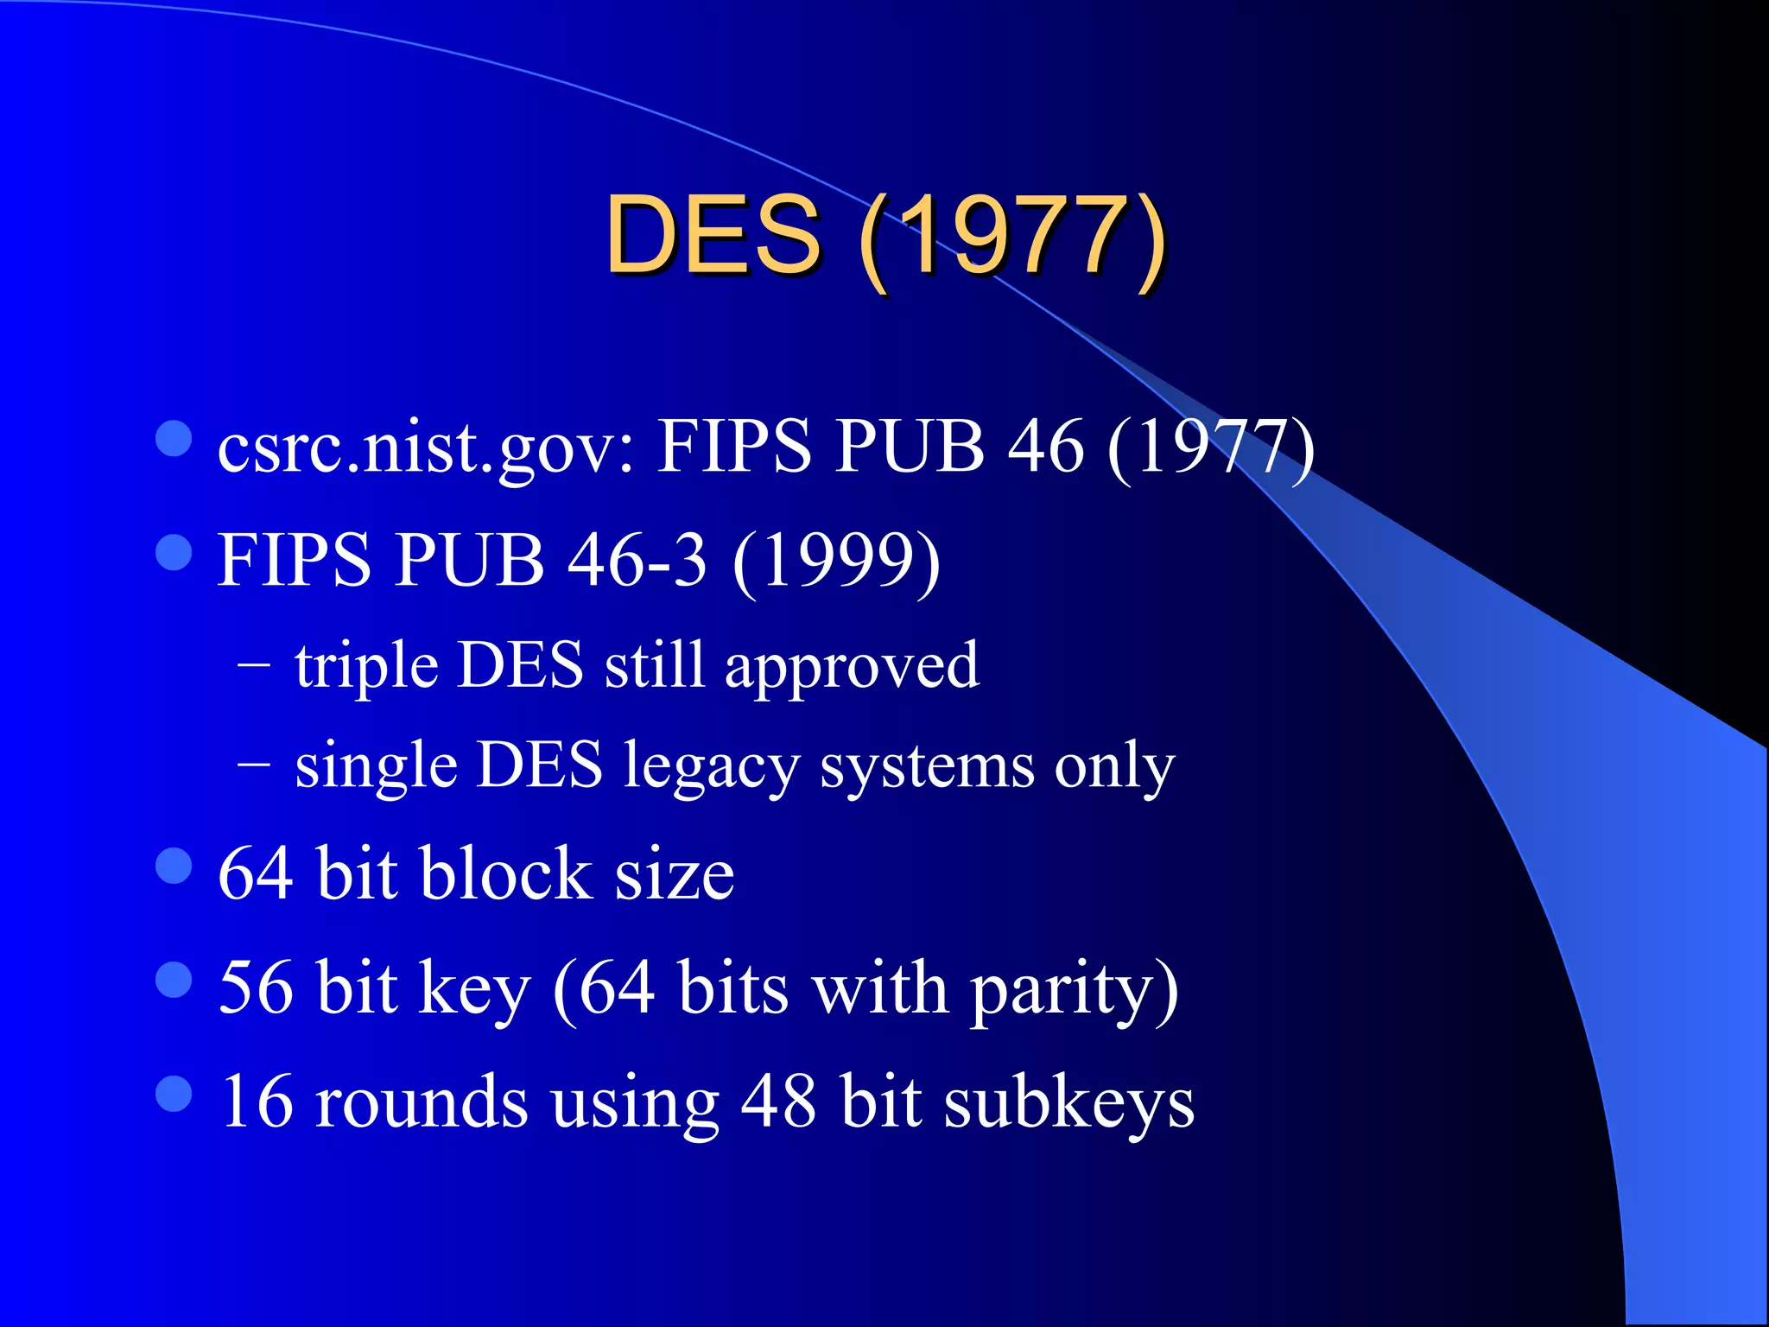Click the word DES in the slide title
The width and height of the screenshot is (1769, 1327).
[713, 235]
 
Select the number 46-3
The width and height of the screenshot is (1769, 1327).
[637, 560]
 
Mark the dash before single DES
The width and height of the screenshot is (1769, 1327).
[253, 765]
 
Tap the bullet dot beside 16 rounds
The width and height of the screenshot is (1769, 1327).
[174, 1094]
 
